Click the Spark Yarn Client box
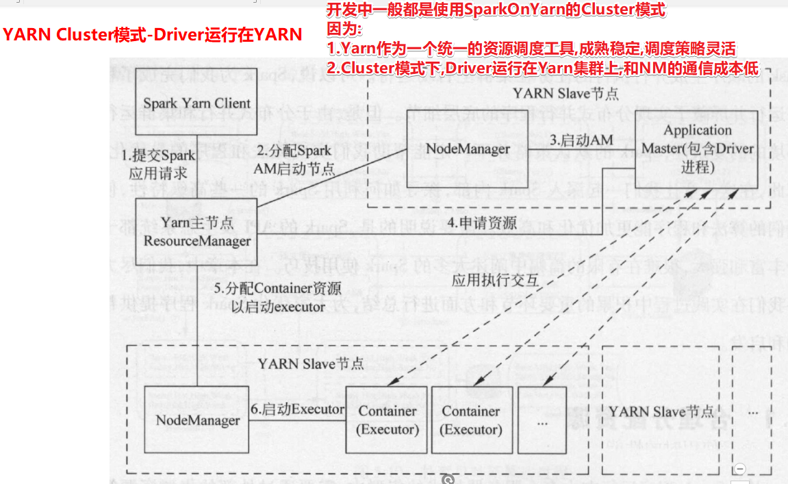pos(196,104)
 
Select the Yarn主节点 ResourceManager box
pos(196,232)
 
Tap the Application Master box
pos(697,149)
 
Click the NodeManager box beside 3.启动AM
pos(468,149)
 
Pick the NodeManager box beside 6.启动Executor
pos(197,420)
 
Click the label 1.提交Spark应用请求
pos(158,164)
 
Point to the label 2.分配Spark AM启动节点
pos(294,159)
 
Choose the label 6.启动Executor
pos(297,409)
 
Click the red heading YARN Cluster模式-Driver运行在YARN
pos(153,34)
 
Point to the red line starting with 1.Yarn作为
pos(531,49)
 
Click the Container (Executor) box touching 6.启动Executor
pos(387,420)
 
